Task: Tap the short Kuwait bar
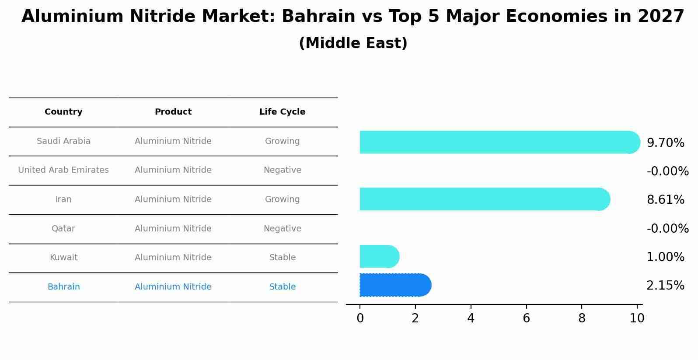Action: [x=379, y=256]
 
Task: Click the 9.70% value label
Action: [x=665, y=143]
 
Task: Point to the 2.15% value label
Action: [x=665, y=286]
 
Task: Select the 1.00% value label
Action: [x=665, y=257]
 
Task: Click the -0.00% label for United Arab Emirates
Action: [x=667, y=171]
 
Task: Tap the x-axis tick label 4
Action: [x=471, y=318]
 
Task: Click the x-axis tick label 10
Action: [x=637, y=318]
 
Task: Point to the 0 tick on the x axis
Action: [x=360, y=318]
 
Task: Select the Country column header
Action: [x=63, y=112]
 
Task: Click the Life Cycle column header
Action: [x=282, y=112]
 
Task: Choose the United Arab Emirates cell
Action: [x=63, y=170]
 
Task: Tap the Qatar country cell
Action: [x=63, y=229]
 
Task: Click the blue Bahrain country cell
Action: [x=63, y=287]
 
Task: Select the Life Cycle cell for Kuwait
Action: [x=282, y=258]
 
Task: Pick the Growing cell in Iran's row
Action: [x=282, y=199]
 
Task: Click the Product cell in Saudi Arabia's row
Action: [x=173, y=141]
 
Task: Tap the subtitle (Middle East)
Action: [x=353, y=43]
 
